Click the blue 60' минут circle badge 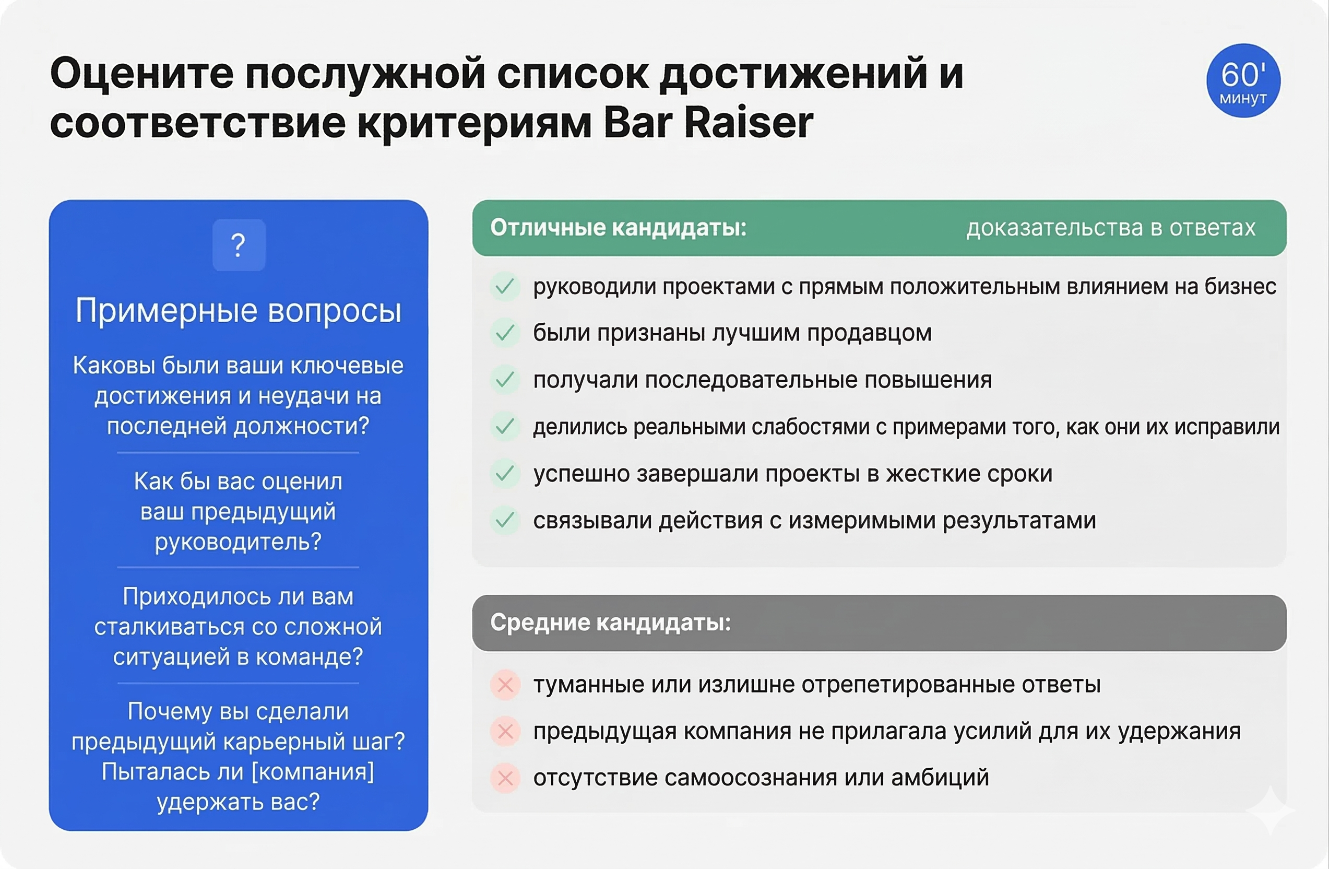[1243, 81]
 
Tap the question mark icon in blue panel [239, 245]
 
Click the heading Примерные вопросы [239, 311]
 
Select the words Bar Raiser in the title [708, 123]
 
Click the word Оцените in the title [141, 74]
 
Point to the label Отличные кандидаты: [618, 228]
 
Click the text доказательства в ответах [1111, 228]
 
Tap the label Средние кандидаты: [610, 622]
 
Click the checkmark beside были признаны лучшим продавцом [505, 333]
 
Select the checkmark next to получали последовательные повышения [505, 380]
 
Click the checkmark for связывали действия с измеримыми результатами [505, 521]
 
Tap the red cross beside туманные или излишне [505, 685]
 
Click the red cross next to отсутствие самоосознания [505, 778]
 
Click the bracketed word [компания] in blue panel [313, 772]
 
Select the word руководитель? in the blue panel [239, 542]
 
